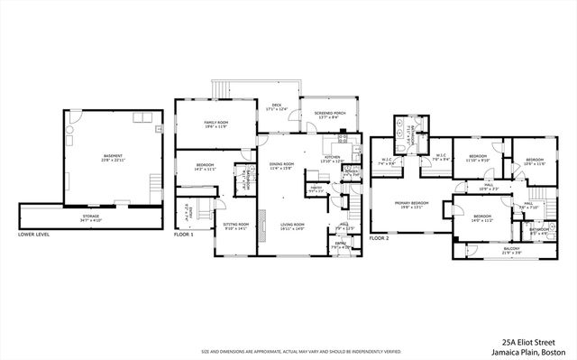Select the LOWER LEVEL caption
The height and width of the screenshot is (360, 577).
coord(33,234)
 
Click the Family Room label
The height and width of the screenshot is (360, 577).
coord(215,124)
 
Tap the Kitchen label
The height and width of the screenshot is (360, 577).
coord(332,159)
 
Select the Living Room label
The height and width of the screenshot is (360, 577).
coord(291,226)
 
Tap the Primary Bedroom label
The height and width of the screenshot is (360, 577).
coord(410,205)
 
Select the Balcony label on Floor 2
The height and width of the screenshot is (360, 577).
coord(511,250)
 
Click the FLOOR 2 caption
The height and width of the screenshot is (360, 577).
coord(379,237)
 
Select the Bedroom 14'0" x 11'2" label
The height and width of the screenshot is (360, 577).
coord(481,217)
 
